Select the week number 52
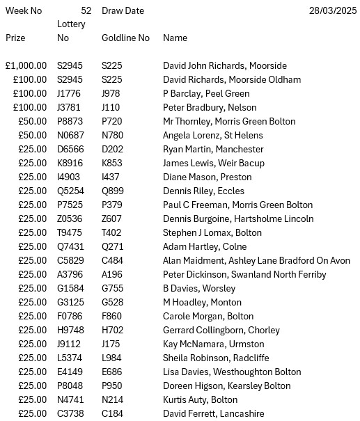[86, 11]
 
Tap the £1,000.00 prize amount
[26, 66]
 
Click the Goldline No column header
[125, 38]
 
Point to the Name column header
[175, 38]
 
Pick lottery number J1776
[70, 94]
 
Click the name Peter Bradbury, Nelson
[210, 108]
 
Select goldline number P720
[111, 122]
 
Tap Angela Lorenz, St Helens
[212, 136]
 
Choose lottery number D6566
[70, 150]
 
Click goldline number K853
[111, 164]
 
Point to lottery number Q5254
[70, 191]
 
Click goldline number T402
[111, 233]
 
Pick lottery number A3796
[70, 275]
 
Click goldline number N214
[111, 400]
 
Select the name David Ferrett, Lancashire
[213, 414]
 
